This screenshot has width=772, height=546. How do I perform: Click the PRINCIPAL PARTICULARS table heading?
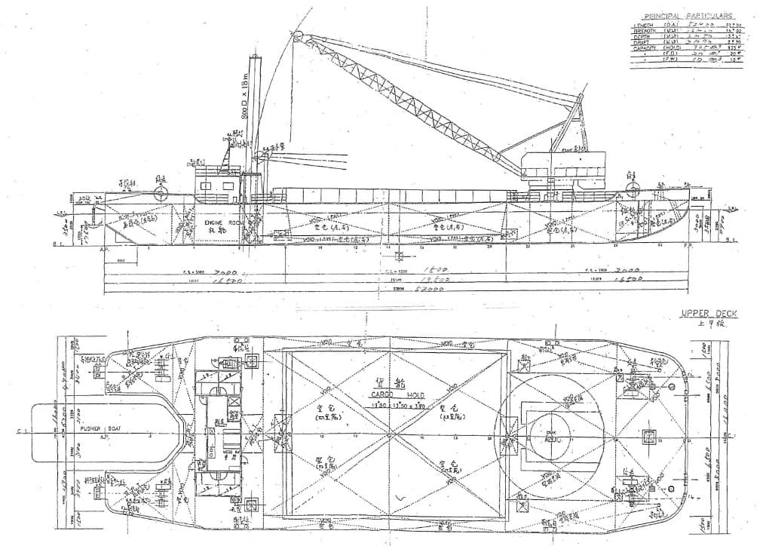tap(687, 15)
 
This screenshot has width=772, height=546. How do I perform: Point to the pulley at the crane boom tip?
tap(296, 36)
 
